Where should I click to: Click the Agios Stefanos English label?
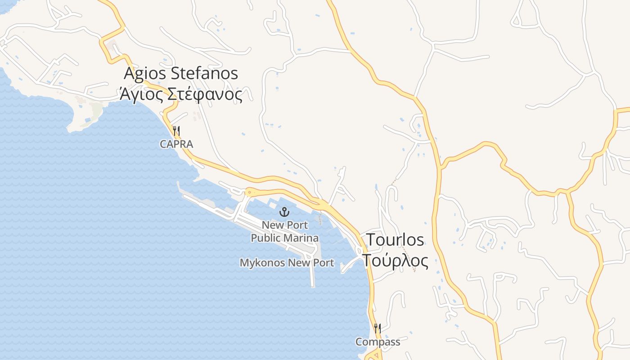[181, 73]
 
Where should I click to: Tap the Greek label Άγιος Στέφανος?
[181, 94]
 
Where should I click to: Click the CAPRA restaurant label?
[176, 144]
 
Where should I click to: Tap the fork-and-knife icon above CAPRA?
[176, 131]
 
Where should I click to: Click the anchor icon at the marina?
[284, 211]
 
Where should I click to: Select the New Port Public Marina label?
[284, 231]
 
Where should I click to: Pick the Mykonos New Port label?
[287, 263]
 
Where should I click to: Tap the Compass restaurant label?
[378, 342]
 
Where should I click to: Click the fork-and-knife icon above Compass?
[378, 328]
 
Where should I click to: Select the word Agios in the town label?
[142, 74]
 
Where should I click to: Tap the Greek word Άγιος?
[140, 94]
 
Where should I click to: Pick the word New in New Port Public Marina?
[272, 225]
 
